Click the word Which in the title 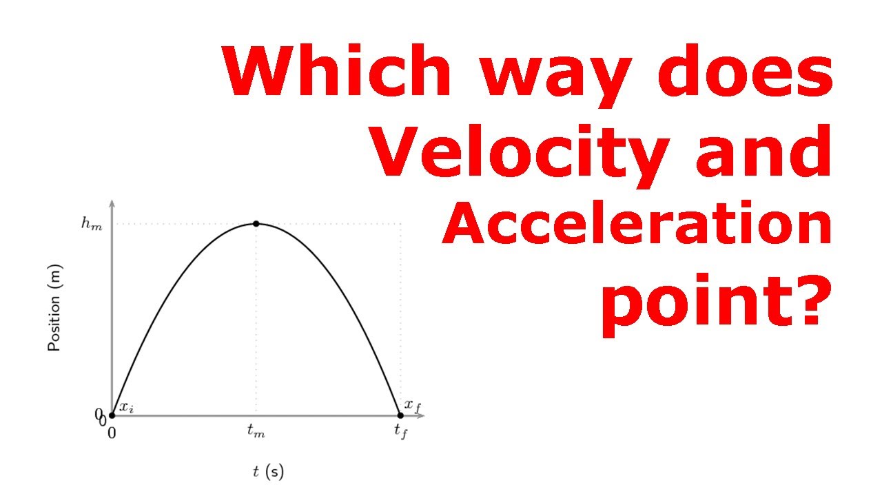(x=337, y=71)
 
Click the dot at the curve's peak (x=256, y=224)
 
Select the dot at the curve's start (x=112, y=415)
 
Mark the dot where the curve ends (x=400, y=415)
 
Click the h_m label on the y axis (x=91, y=225)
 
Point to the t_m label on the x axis (x=256, y=433)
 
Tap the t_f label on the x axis (x=400, y=433)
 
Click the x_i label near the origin (x=126, y=407)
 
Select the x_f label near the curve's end (x=412, y=405)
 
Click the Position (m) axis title (x=54, y=308)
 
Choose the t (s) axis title (x=268, y=472)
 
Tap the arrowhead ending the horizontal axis (x=422, y=415)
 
